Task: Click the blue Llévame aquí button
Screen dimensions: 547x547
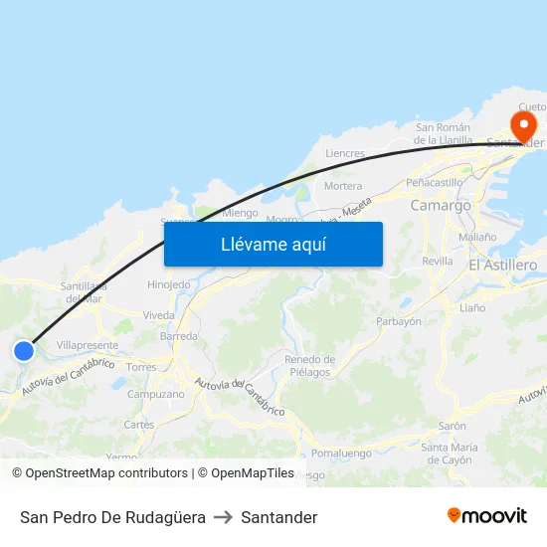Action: [273, 244]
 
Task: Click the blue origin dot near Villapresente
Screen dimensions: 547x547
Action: [24, 350]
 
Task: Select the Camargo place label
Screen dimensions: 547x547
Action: [441, 206]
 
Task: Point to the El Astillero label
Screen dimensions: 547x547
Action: [502, 266]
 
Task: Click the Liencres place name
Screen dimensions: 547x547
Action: [345, 154]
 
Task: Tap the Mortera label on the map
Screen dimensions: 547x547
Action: [343, 186]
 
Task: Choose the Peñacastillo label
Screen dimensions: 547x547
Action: [435, 183]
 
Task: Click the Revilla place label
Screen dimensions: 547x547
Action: [437, 261]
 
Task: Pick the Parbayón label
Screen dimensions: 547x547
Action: [399, 321]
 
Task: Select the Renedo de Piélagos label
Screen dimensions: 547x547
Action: [309, 365]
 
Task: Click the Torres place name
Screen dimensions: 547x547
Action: [141, 367]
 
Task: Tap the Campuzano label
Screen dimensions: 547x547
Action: [156, 394]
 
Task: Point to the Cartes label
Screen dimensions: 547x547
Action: [139, 425]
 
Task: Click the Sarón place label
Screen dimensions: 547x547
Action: [452, 426]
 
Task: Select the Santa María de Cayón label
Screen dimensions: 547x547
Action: [450, 454]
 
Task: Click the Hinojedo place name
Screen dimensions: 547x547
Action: [168, 284]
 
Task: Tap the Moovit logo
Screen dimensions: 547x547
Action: [486, 516]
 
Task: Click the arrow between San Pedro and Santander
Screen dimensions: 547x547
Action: [223, 517]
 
